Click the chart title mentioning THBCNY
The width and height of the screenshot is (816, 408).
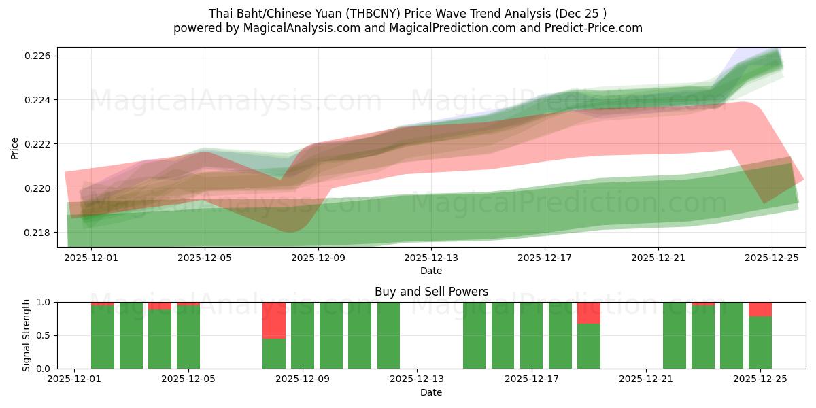tap(407, 13)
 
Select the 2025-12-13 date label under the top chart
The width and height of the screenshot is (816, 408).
tap(431, 258)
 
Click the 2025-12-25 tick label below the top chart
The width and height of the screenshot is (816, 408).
tap(771, 258)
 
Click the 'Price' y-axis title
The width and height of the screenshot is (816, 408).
tap(15, 147)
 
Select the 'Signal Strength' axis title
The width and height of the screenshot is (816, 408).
tap(27, 335)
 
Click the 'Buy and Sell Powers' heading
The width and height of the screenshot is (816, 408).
tap(431, 292)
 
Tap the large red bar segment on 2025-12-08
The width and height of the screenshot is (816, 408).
tap(274, 320)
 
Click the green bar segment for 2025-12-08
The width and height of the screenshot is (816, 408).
tap(274, 354)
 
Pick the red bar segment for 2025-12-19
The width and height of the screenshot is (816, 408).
tap(589, 313)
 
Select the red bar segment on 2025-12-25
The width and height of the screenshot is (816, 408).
tap(760, 309)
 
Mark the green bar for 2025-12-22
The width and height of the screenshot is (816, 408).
tap(675, 335)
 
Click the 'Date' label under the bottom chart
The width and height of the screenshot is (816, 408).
tap(431, 392)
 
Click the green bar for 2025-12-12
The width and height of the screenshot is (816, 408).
tap(388, 335)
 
